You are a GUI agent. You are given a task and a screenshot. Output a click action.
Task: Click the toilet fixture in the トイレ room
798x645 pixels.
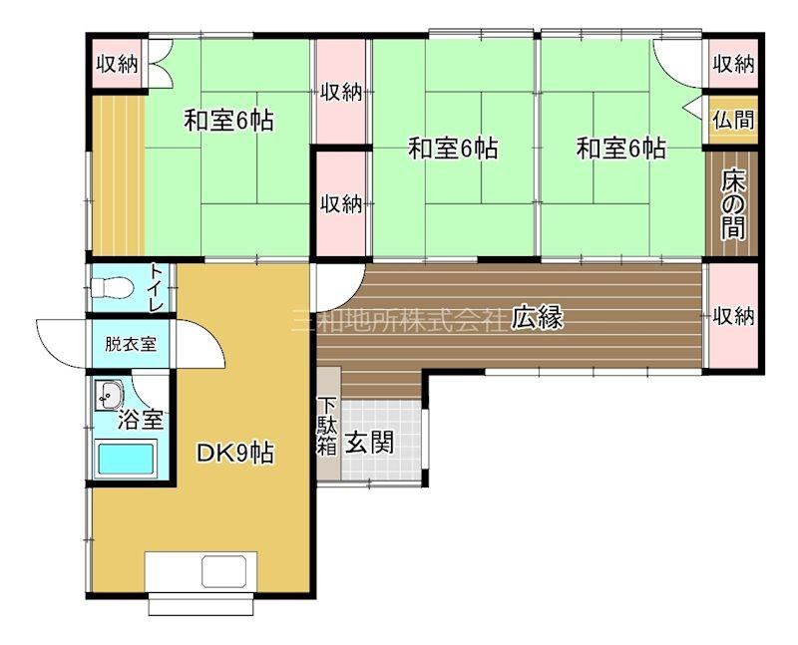(x=113, y=288)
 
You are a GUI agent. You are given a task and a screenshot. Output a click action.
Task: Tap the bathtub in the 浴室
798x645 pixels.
(x=126, y=460)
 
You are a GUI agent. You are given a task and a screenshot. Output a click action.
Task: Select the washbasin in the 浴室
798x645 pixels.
(x=109, y=395)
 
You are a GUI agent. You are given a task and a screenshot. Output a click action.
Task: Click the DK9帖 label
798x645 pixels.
(x=235, y=454)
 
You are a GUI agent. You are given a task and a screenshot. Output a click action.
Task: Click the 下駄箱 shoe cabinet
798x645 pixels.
(x=329, y=424)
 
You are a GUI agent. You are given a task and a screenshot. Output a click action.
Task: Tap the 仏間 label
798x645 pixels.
(x=733, y=121)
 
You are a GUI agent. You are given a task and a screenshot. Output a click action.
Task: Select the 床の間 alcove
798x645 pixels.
(x=732, y=206)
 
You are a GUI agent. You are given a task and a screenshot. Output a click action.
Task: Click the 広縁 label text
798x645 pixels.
(x=538, y=318)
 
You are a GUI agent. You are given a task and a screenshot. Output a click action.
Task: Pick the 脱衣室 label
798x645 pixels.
(x=131, y=344)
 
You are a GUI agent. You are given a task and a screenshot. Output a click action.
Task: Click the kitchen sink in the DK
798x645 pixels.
(x=223, y=572)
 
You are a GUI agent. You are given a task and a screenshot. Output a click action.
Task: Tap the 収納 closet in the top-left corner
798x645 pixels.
(x=118, y=64)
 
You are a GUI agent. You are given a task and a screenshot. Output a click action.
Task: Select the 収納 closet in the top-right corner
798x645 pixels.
(x=733, y=64)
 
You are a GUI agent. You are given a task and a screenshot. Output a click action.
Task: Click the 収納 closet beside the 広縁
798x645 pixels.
(x=733, y=316)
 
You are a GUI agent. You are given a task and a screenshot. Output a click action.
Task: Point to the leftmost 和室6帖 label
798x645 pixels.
(x=229, y=121)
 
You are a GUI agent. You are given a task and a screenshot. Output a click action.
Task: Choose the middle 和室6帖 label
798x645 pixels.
(x=453, y=149)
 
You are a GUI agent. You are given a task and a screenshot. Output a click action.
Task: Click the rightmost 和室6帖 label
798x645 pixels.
(x=620, y=149)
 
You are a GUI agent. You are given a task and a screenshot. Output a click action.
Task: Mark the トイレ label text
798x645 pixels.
(x=156, y=288)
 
